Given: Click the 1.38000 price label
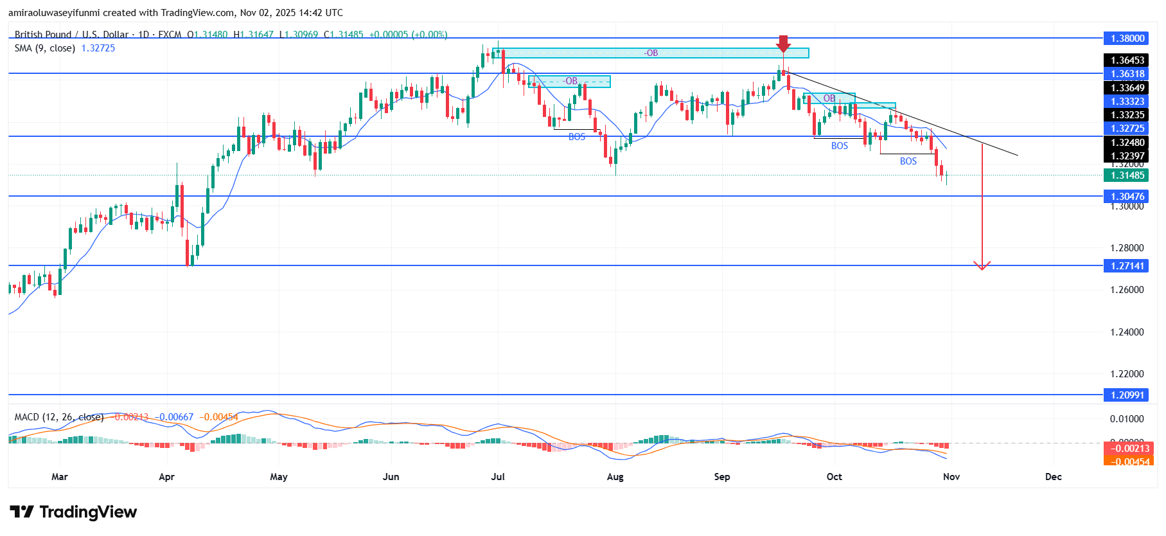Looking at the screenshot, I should pos(1127,39).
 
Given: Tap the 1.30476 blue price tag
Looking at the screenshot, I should pos(1127,197).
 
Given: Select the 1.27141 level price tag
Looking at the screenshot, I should pos(1127,266).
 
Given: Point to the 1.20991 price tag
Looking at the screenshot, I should pos(1127,395).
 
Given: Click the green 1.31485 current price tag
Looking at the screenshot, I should pos(1127,175).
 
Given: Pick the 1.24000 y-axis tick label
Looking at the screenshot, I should pos(1127,332).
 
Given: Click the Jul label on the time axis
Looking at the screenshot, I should pos(498,477).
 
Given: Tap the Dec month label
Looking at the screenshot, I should pos(1053,477).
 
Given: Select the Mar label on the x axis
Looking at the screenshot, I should pos(60,477).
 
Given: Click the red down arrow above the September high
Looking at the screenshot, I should pos(783,44).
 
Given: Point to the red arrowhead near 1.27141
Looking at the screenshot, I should pos(982,265).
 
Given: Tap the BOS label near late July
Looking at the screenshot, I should pos(576,137).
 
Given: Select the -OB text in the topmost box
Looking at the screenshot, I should pos(651,53).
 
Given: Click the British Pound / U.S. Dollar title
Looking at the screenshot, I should pos(71,35).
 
